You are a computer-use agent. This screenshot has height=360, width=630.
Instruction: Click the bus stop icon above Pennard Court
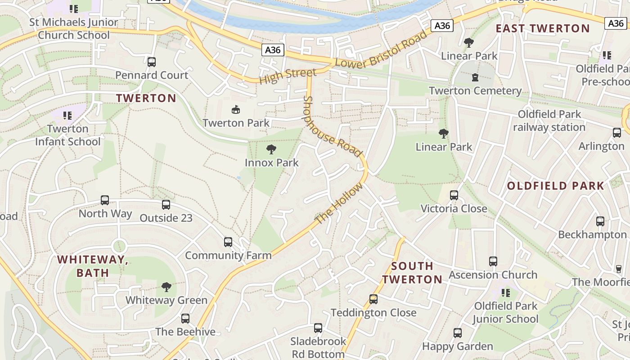[152, 62]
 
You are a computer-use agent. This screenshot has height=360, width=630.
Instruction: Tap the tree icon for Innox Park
[271, 149]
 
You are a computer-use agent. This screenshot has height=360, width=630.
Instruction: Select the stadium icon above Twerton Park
[235, 109]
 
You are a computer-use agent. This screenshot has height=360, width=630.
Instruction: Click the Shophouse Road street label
[333, 127]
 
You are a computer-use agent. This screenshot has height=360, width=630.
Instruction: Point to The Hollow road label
[338, 204]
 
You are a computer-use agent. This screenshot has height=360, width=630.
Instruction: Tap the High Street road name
[288, 75]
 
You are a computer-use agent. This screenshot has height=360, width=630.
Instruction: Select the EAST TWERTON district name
[542, 28]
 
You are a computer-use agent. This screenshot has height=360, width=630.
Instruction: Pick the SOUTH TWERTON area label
[412, 273]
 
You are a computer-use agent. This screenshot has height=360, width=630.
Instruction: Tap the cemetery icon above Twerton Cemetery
[475, 78]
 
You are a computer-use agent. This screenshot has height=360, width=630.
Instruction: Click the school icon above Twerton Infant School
[68, 116]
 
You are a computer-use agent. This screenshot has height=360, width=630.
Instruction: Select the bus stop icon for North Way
[105, 200]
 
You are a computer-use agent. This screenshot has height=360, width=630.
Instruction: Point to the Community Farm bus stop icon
[228, 242]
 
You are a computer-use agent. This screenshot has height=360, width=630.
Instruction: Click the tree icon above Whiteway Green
[166, 287]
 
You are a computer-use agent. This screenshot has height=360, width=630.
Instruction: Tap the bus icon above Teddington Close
[373, 299]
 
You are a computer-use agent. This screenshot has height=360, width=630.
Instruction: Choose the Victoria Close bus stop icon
[454, 195]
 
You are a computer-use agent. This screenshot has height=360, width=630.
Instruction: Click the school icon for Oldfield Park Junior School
[506, 293]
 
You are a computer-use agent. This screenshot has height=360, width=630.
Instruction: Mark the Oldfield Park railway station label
[549, 121]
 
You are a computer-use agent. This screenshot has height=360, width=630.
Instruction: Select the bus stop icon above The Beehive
[185, 319]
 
